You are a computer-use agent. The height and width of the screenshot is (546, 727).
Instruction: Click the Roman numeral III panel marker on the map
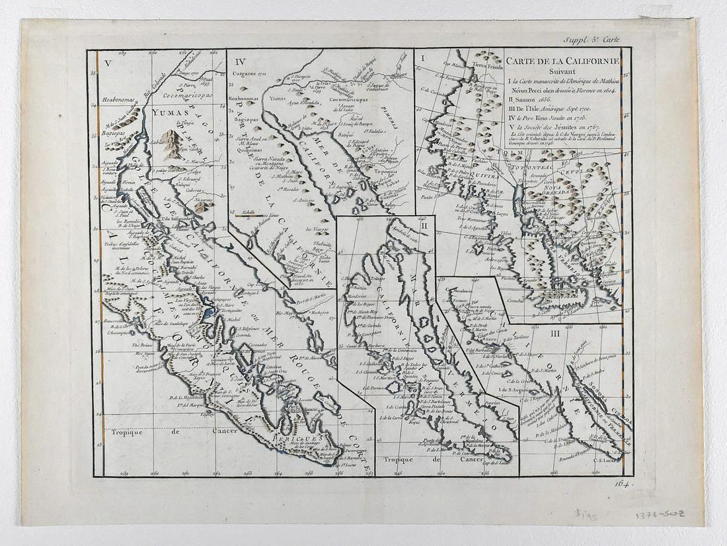pos(555,333)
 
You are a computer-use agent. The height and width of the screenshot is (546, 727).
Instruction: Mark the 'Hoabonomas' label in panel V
pos(119,101)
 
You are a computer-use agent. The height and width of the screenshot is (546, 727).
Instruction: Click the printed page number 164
pos(621,484)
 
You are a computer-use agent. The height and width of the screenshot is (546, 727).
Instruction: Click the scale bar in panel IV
pos(249,214)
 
